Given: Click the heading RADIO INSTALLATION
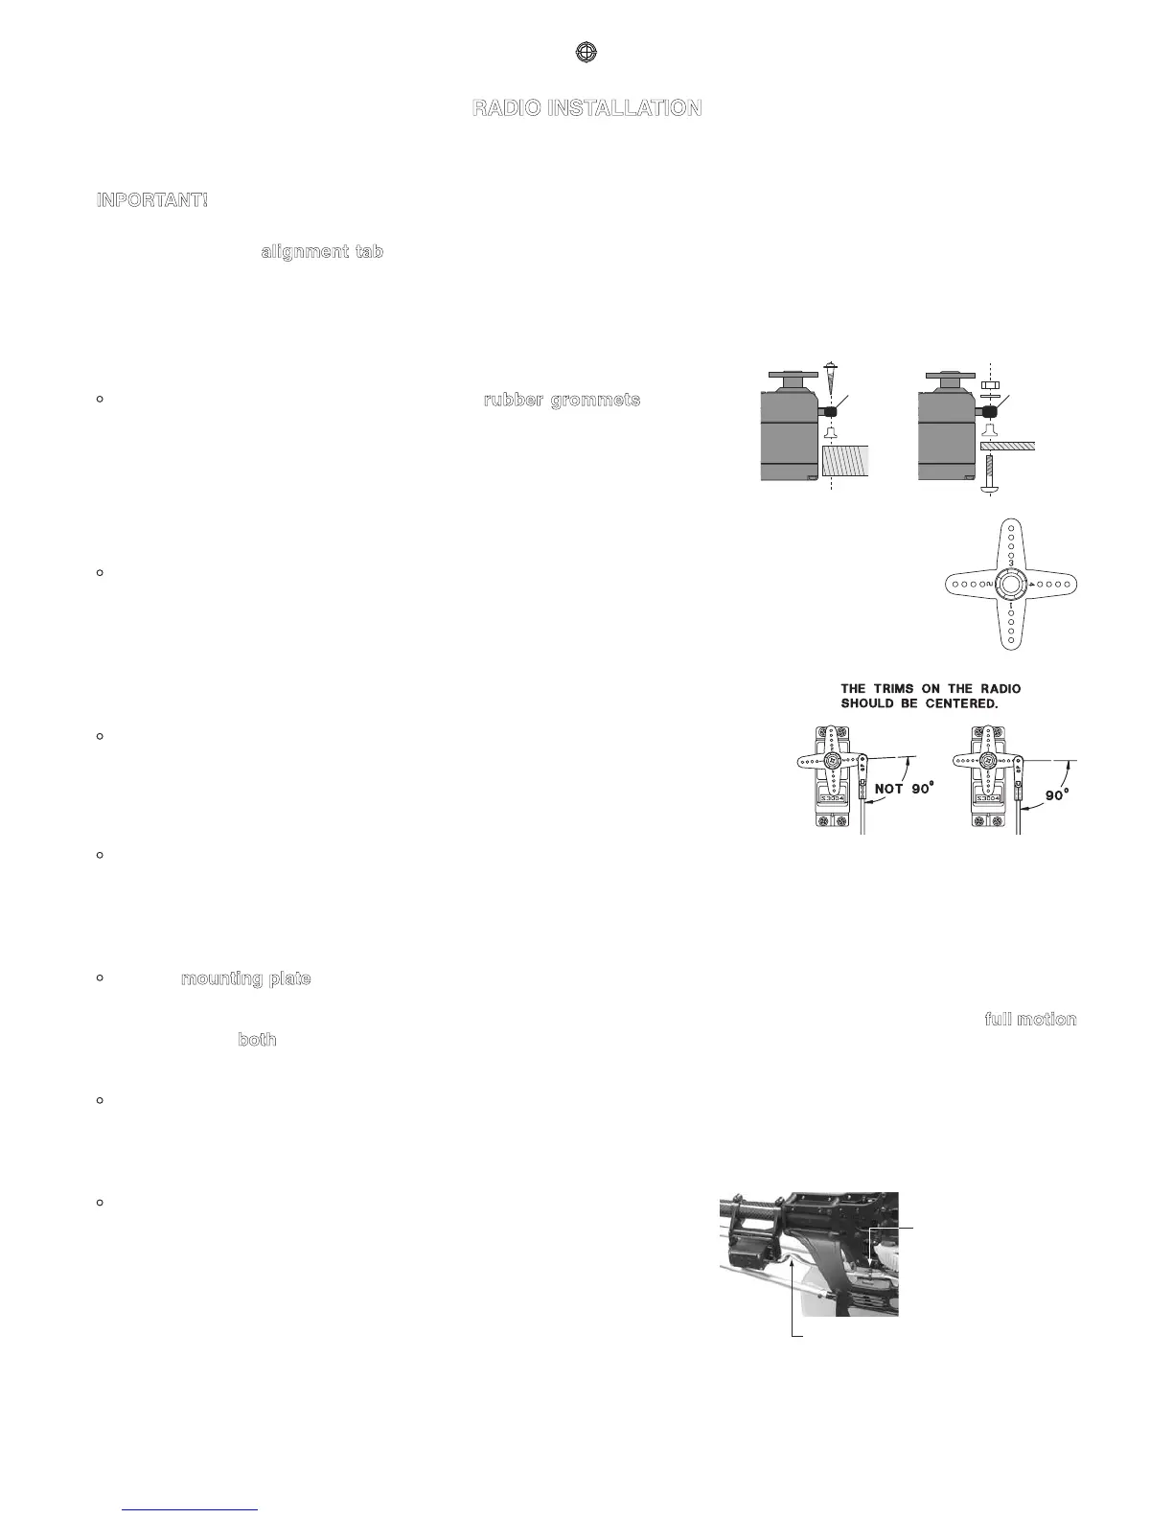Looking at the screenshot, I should (586, 108).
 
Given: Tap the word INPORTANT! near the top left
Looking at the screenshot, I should (152, 200).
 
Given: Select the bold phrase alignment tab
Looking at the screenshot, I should (322, 252).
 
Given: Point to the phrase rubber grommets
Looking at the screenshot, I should (561, 400).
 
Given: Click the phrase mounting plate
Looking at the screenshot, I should (245, 979).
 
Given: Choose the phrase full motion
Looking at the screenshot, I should (1030, 1019).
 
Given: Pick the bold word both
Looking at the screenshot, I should (257, 1040).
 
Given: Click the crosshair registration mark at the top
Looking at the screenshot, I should (586, 54).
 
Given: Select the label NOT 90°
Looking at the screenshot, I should (902, 790).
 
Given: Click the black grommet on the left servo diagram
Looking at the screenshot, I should (831, 411).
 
